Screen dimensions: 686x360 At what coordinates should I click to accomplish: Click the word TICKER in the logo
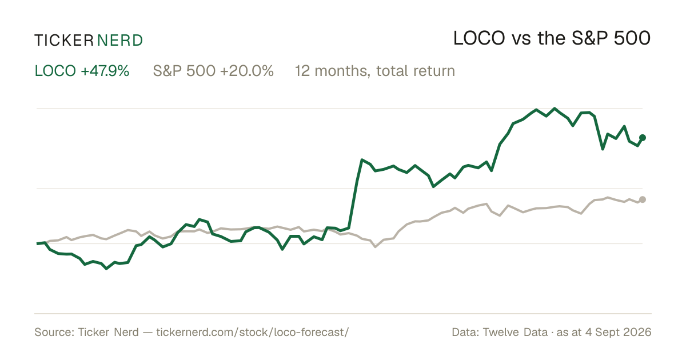coord(63,41)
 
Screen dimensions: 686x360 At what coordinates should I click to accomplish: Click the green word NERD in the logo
coord(119,41)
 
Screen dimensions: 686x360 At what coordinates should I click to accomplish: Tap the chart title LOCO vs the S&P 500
coord(552,38)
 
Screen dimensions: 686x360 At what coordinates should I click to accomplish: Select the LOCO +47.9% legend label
coord(82,71)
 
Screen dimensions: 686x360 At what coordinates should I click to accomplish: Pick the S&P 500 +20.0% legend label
coord(213,71)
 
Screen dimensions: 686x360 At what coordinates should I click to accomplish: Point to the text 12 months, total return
coord(375,71)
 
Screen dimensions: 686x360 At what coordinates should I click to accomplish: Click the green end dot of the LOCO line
coord(643,138)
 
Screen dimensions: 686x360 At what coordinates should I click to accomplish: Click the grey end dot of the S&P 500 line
coord(643,199)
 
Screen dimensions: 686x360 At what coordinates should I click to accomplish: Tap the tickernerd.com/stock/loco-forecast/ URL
coord(252,332)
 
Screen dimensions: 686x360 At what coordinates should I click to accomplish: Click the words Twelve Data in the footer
coord(515,332)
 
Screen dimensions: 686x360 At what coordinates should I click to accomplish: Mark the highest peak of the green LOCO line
coord(555,109)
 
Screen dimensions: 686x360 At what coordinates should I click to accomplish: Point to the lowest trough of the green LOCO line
coord(106,269)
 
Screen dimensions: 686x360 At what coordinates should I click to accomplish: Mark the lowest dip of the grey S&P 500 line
coord(376,246)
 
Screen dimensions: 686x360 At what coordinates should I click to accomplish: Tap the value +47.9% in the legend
coord(105,71)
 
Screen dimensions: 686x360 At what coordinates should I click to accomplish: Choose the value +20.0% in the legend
coord(247,71)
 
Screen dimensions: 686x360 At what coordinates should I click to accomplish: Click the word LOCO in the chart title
coord(479,38)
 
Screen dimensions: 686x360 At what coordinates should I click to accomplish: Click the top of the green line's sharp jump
coord(362,160)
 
